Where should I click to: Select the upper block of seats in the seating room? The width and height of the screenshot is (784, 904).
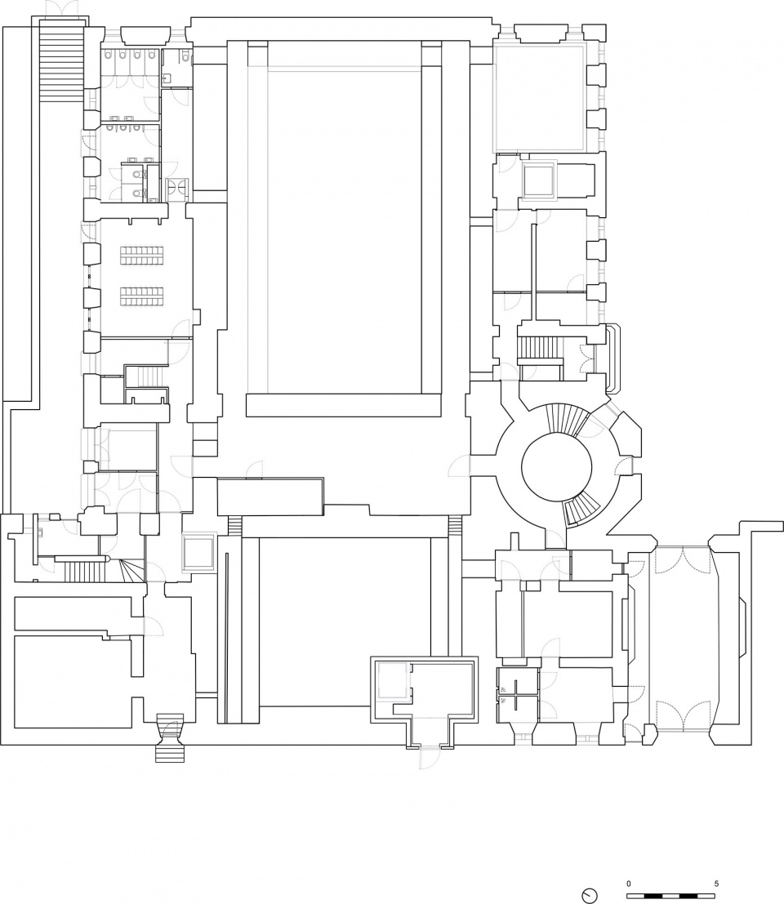click(x=142, y=255)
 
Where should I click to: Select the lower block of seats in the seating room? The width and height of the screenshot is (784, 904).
click(x=142, y=296)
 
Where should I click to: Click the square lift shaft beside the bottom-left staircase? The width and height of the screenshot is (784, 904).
click(x=198, y=552)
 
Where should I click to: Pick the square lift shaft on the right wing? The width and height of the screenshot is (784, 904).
click(x=538, y=180)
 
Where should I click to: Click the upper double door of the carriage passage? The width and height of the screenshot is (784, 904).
click(x=683, y=561)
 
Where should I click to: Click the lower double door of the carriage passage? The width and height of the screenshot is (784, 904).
click(x=683, y=714)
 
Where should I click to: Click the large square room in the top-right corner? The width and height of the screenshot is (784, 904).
click(x=540, y=97)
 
